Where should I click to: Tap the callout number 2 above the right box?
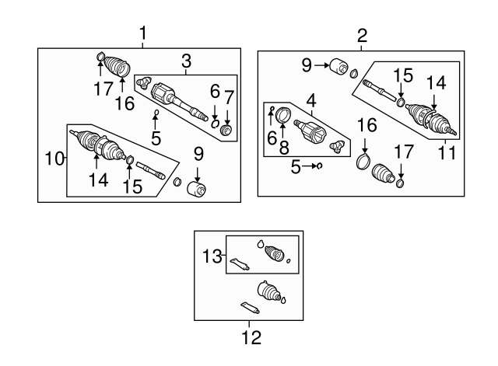click(x=362, y=35)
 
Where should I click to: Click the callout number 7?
click(x=228, y=97)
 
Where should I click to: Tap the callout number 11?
click(x=444, y=154)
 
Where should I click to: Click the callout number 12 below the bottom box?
click(x=251, y=338)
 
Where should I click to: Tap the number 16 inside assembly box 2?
click(x=366, y=124)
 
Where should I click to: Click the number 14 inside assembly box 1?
click(x=97, y=181)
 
